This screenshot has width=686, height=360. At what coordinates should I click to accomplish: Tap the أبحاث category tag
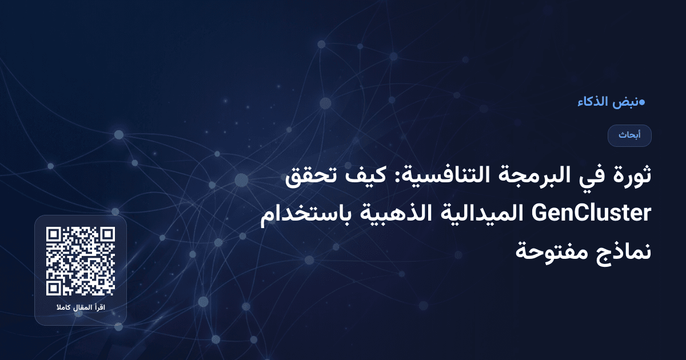pos(630,135)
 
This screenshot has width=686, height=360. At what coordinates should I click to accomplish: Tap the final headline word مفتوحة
pos(553,251)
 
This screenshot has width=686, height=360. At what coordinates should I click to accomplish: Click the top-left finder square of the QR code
pos(54,235)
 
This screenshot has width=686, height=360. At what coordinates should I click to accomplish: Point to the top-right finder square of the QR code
pos(107,235)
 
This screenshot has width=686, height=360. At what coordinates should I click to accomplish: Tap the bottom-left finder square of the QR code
pos(54,288)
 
